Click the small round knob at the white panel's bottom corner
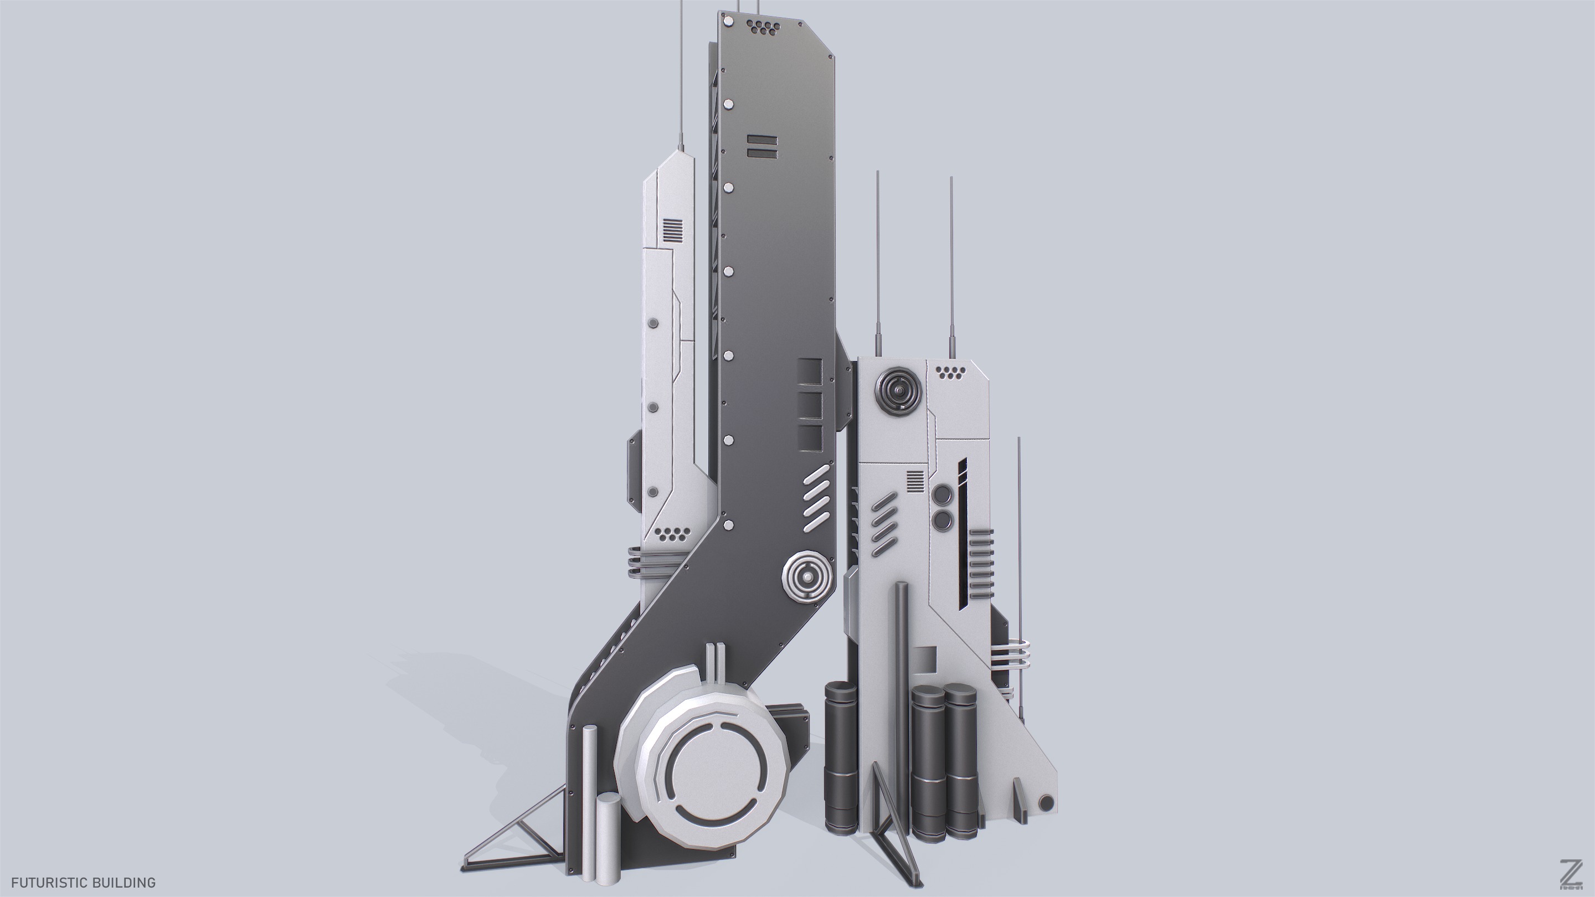(1046, 803)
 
